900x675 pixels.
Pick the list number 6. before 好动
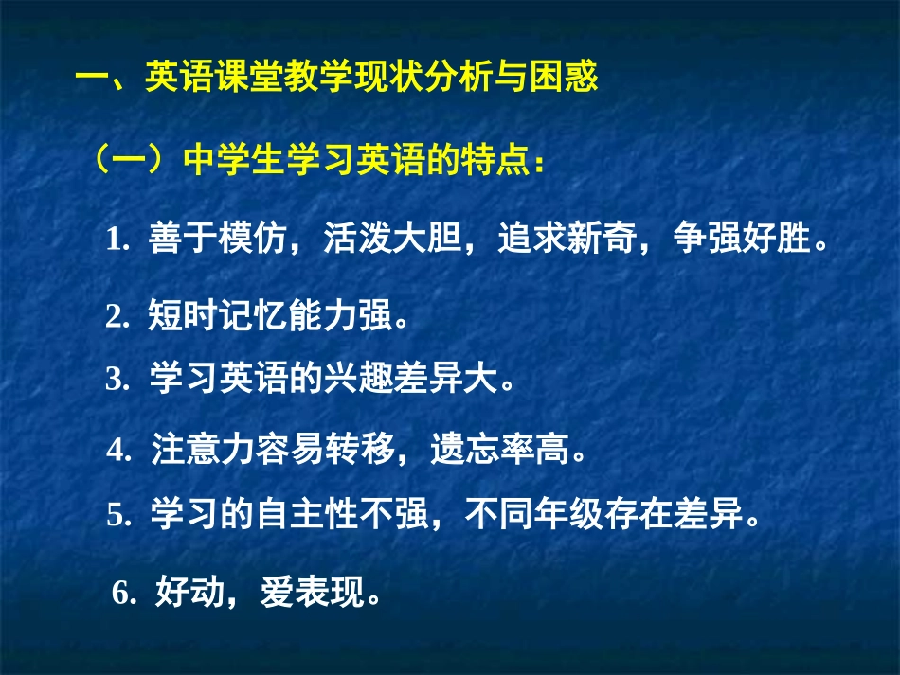[x=125, y=595]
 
